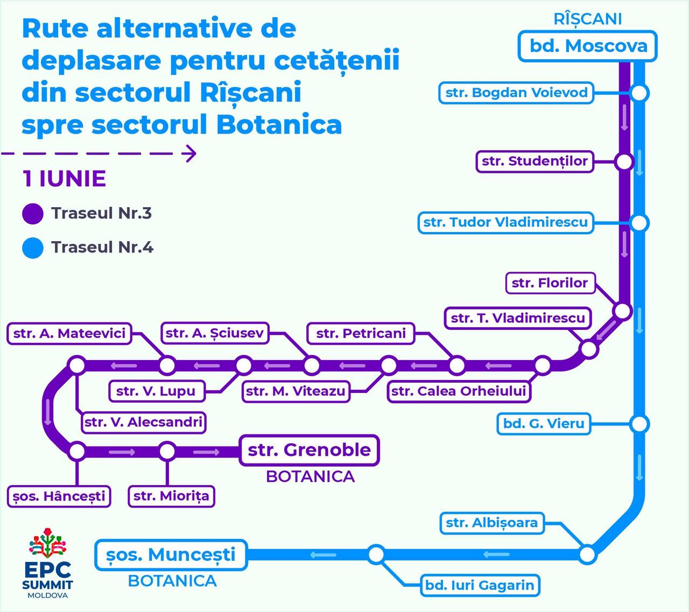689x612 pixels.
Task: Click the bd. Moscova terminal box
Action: pos(588,46)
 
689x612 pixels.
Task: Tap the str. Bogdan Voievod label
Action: pos(516,93)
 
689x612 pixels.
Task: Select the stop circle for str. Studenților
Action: pos(624,161)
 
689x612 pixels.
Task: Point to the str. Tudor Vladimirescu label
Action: pos(505,222)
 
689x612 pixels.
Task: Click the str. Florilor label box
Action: pos(550,283)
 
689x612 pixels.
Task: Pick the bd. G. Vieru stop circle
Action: pos(639,424)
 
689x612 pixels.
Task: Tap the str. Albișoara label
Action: pos(492,523)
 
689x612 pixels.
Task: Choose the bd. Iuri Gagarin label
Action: pos(480,586)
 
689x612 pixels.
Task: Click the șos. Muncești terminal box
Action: pos(171,555)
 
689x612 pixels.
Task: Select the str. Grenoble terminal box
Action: pos(309,450)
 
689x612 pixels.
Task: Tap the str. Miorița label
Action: pos(171,496)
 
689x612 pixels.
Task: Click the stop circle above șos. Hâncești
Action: pos(77,452)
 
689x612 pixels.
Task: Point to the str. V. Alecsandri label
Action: pos(144,423)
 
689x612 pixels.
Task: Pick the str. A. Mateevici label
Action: pos(69,333)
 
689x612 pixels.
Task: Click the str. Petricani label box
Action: pos(361,333)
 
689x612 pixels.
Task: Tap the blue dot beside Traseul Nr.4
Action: pos(33,248)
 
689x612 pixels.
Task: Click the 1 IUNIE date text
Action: pos(64,179)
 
